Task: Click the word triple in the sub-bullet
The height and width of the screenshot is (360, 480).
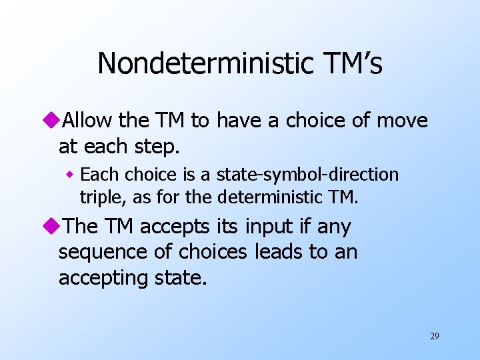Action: coord(99,197)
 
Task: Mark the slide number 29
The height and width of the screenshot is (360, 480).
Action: coord(434,336)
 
